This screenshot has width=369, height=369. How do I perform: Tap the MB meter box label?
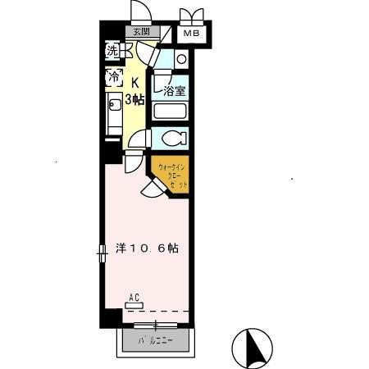click(192, 34)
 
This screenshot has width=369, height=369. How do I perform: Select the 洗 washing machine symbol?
click(113, 50)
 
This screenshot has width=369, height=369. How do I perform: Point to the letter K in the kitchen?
click(135, 82)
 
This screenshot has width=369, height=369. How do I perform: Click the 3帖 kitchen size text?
click(135, 99)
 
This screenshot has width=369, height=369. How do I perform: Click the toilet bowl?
click(173, 138)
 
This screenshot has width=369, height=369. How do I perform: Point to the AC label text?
click(134, 298)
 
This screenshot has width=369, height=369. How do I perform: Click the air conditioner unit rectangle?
click(133, 307)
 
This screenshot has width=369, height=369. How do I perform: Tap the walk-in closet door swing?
click(152, 190)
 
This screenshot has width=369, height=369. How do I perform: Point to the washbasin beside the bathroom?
click(180, 58)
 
